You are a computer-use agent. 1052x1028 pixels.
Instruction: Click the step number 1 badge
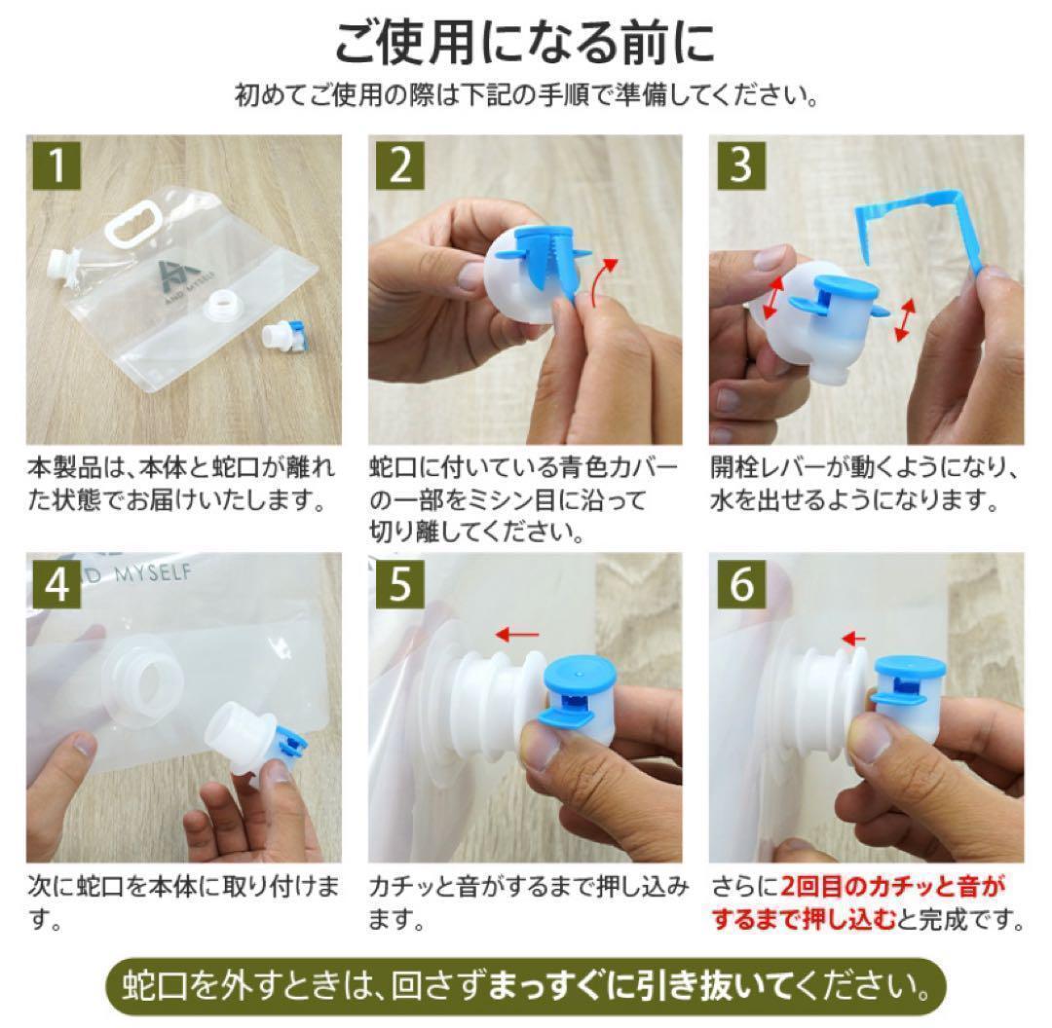click(x=57, y=165)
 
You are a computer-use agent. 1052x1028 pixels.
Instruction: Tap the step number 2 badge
click(x=400, y=165)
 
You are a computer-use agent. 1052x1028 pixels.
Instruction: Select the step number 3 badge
click(x=741, y=165)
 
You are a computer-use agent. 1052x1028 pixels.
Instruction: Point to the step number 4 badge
click(x=57, y=584)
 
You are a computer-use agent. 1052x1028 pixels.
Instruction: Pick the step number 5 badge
click(x=400, y=584)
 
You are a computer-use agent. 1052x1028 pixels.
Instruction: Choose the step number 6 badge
click(x=741, y=584)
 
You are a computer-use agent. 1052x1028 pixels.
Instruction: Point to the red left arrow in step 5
click(x=516, y=635)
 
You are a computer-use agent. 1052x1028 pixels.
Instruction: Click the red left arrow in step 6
click(x=853, y=639)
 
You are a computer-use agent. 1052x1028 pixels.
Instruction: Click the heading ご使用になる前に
click(x=525, y=44)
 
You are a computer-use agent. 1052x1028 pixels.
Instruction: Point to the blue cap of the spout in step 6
click(x=910, y=672)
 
